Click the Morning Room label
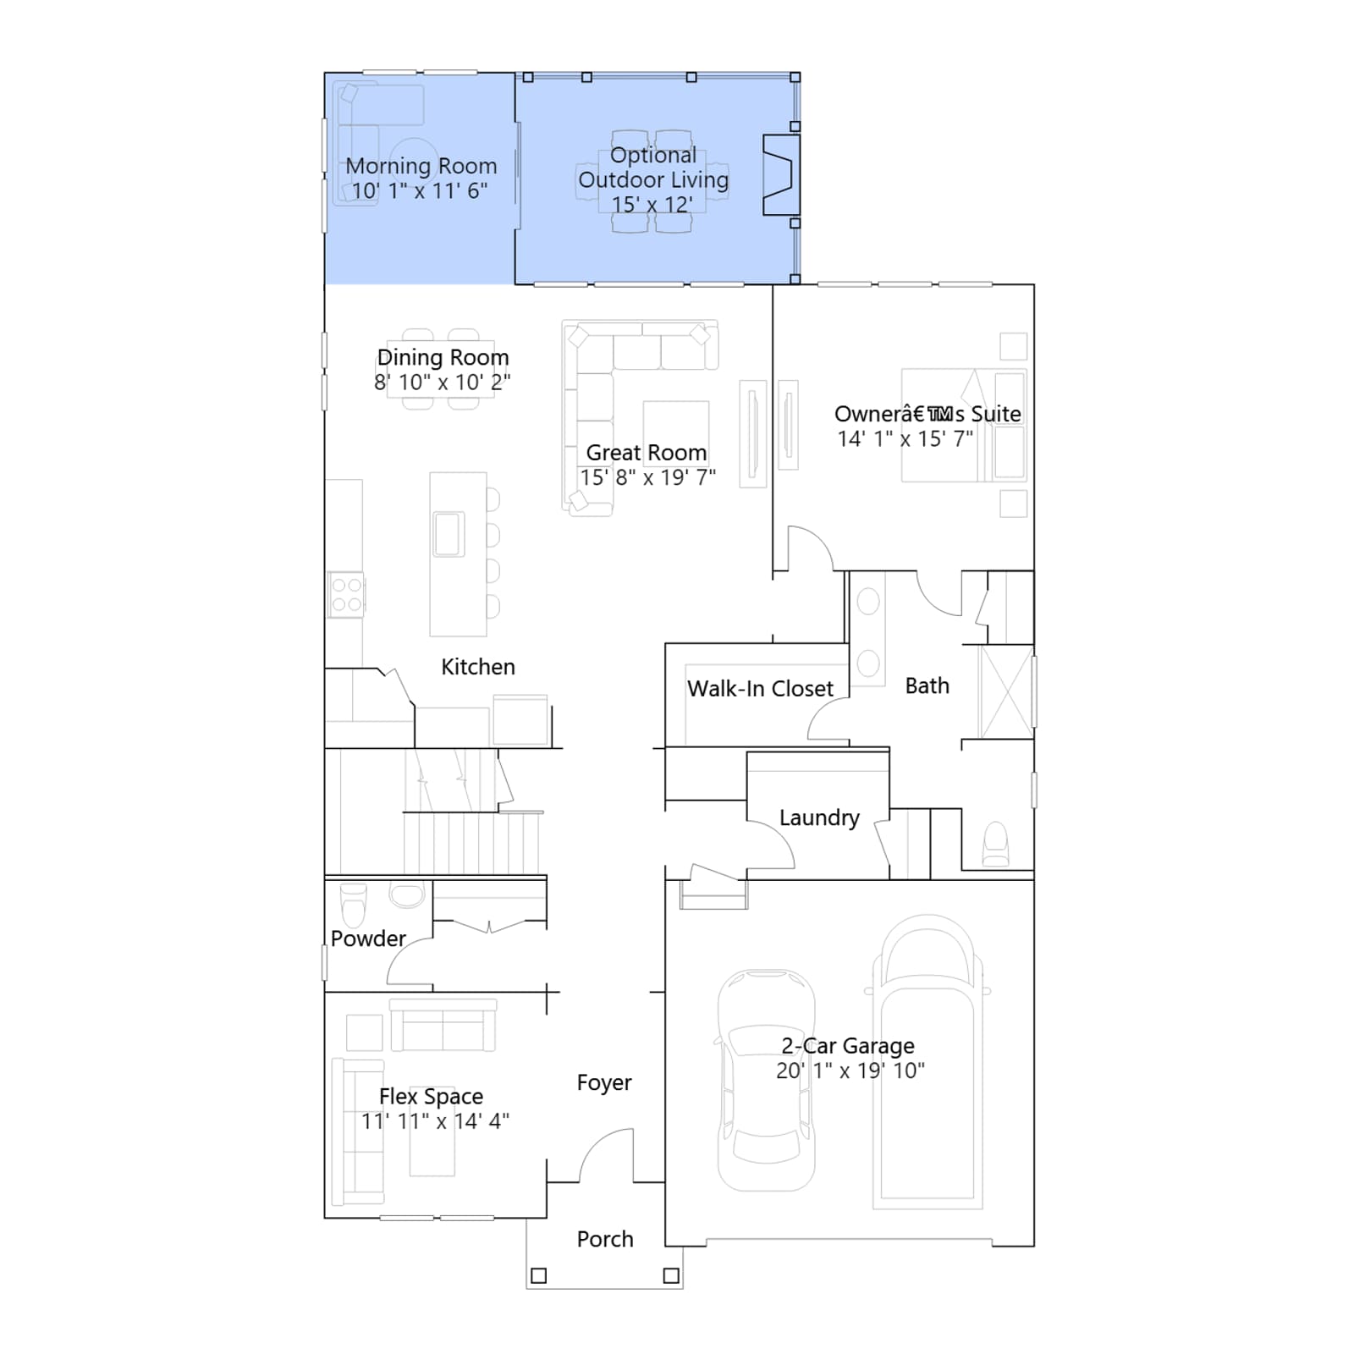coord(421,166)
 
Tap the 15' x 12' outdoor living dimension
coord(652,205)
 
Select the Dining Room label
coord(443,357)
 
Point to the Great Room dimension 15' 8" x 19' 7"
coord(647,477)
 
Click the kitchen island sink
coord(449,534)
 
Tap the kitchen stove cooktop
coord(346,595)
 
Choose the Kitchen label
coord(478,667)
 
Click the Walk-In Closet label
coord(760,689)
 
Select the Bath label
coord(927,685)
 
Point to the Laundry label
coord(819,817)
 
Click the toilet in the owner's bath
coord(996,844)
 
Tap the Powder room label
coord(368,938)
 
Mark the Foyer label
coord(604,1082)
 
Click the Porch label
coord(605,1239)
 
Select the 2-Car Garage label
coord(848,1046)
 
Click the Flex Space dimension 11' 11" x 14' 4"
coord(435,1121)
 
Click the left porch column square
coord(538,1275)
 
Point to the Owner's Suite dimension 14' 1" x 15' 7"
coord(905,438)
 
